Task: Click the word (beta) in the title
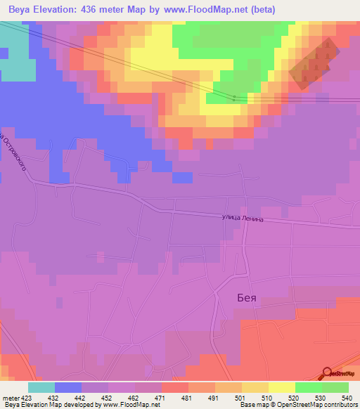[x=260, y=10]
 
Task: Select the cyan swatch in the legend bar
[x=41, y=387]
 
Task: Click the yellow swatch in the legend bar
[x=281, y=387]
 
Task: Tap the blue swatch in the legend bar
[x=68, y=387]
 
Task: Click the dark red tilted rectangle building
[x=314, y=64]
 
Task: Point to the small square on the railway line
[x=234, y=98]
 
